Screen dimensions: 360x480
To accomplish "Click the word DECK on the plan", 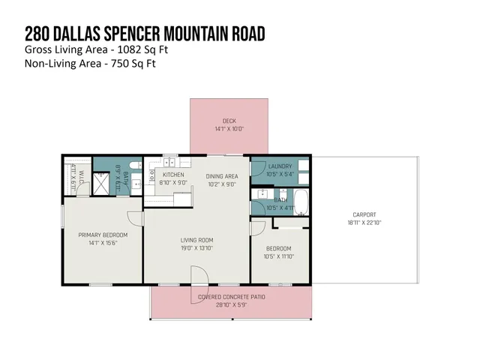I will [x=229, y=121].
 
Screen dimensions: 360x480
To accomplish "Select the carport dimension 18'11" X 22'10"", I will [x=364, y=223].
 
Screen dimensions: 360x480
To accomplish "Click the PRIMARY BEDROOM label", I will [x=103, y=235].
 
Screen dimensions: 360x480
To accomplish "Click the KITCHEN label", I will [x=172, y=174].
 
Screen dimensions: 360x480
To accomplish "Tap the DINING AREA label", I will [x=221, y=176].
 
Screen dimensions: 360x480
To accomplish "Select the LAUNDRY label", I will [x=280, y=166].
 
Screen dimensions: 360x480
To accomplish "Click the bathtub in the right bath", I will [x=300, y=201].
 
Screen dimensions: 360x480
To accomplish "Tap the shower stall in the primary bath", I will [x=101, y=184].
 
